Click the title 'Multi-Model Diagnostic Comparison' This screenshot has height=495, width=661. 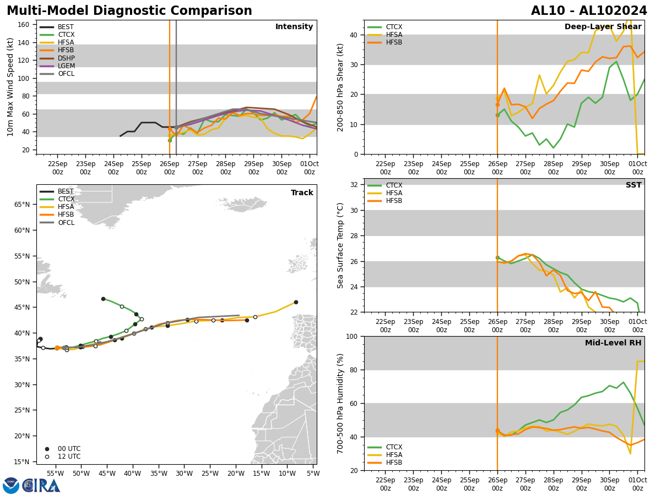tap(129, 11)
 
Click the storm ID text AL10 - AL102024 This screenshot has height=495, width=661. tap(589, 11)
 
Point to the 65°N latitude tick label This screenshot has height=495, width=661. tap(22, 205)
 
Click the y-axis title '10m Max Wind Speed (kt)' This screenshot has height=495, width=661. tap(10, 87)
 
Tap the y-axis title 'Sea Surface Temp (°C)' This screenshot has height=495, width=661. tap(341, 245)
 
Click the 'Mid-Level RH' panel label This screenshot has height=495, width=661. tap(613, 343)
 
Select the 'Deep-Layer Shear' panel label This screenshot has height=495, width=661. tap(603, 27)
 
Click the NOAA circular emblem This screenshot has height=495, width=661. tap(10, 485)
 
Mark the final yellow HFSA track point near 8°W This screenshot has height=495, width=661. tap(296, 302)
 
